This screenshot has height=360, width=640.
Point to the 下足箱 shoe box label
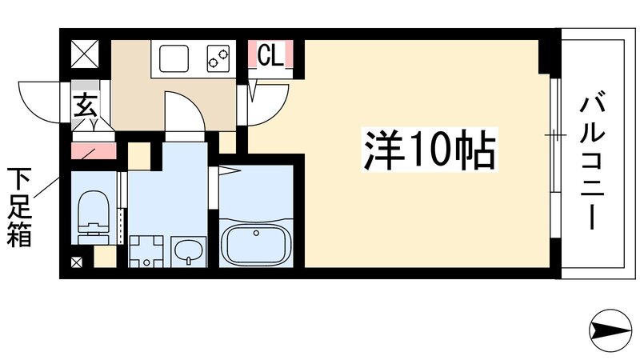click(21, 207)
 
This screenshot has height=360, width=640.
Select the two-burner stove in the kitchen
click(218, 57)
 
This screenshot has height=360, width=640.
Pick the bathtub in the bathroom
click(256, 244)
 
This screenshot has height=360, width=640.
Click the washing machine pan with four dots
click(144, 251)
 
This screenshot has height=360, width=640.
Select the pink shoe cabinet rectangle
click(94, 150)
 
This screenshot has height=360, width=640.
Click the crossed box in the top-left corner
click(84, 54)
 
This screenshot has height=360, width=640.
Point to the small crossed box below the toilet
click(76, 262)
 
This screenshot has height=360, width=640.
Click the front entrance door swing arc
click(40, 100)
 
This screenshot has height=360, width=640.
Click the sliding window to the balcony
click(554, 135)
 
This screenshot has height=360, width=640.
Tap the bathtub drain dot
click(255, 233)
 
